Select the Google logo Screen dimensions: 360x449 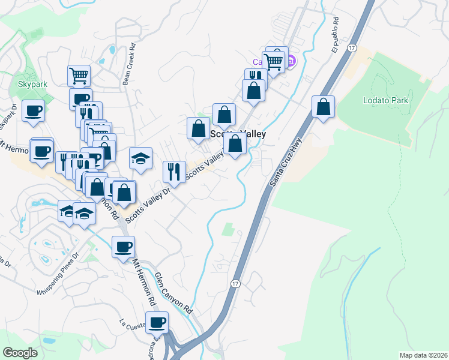coord(20,353)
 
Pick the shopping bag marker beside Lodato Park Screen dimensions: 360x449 coord(323,107)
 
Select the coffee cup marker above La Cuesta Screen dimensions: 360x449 coord(157,322)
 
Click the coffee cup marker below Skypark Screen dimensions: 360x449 coord(34,110)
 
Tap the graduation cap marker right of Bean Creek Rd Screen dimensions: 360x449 coord(140,158)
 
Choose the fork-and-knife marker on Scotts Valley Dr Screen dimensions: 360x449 coord(174,172)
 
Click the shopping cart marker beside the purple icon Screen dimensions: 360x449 coord(274,61)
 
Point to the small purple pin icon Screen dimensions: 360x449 coord(291,61)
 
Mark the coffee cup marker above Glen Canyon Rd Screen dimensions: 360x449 coord(123,246)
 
